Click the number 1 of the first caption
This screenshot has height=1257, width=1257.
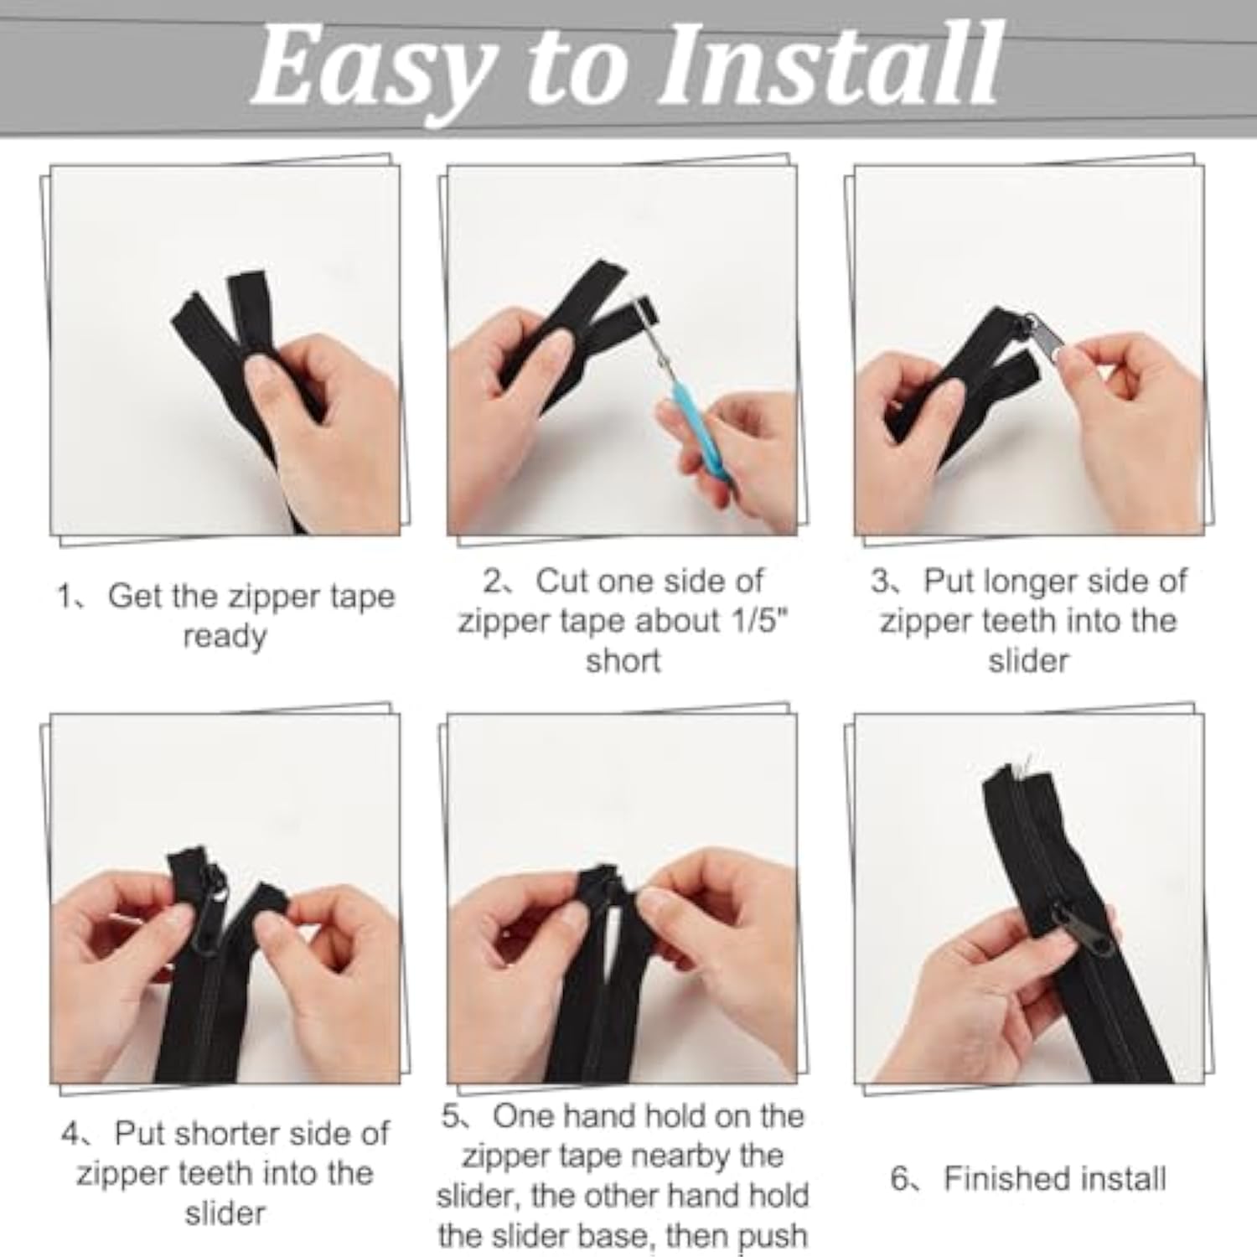[x=64, y=597]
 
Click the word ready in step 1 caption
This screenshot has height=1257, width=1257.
[x=225, y=637]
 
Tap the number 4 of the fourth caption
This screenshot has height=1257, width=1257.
[x=70, y=1134]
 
